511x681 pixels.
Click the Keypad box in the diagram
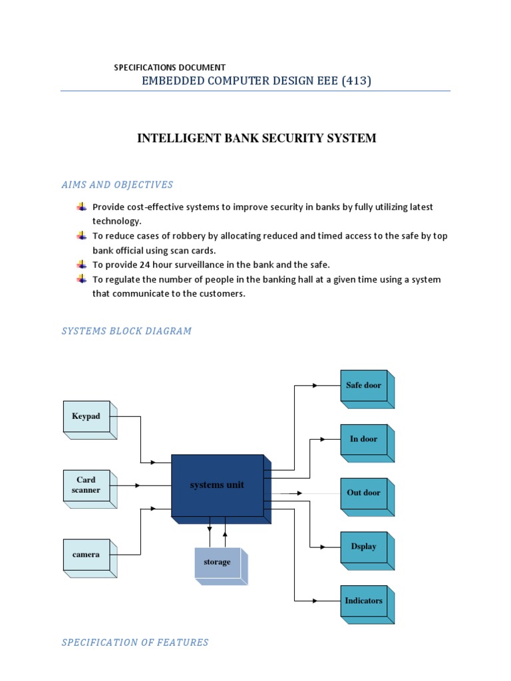click(x=86, y=417)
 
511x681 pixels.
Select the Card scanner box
click(x=86, y=485)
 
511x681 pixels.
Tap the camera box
click(x=86, y=555)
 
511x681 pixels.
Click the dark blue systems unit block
click(x=217, y=485)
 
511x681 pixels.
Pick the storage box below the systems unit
click(x=217, y=563)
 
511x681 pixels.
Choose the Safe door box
click(x=363, y=386)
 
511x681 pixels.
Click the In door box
click(x=363, y=439)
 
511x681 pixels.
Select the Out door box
click(x=363, y=493)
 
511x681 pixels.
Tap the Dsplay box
click(x=363, y=547)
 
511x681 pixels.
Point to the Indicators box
click(x=363, y=601)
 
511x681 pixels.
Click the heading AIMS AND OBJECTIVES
click(x=117, y=185)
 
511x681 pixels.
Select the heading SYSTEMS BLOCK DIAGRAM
click(x=126, y=331)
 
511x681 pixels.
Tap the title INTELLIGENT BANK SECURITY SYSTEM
click(x=256, y=138)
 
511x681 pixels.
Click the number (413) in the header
click(x=355, y=81)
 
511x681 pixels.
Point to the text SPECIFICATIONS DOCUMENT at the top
click(x=170, y=67)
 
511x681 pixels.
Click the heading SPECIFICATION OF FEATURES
click(x=135, y=642)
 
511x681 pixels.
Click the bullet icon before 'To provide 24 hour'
click(x=82, y=265)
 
